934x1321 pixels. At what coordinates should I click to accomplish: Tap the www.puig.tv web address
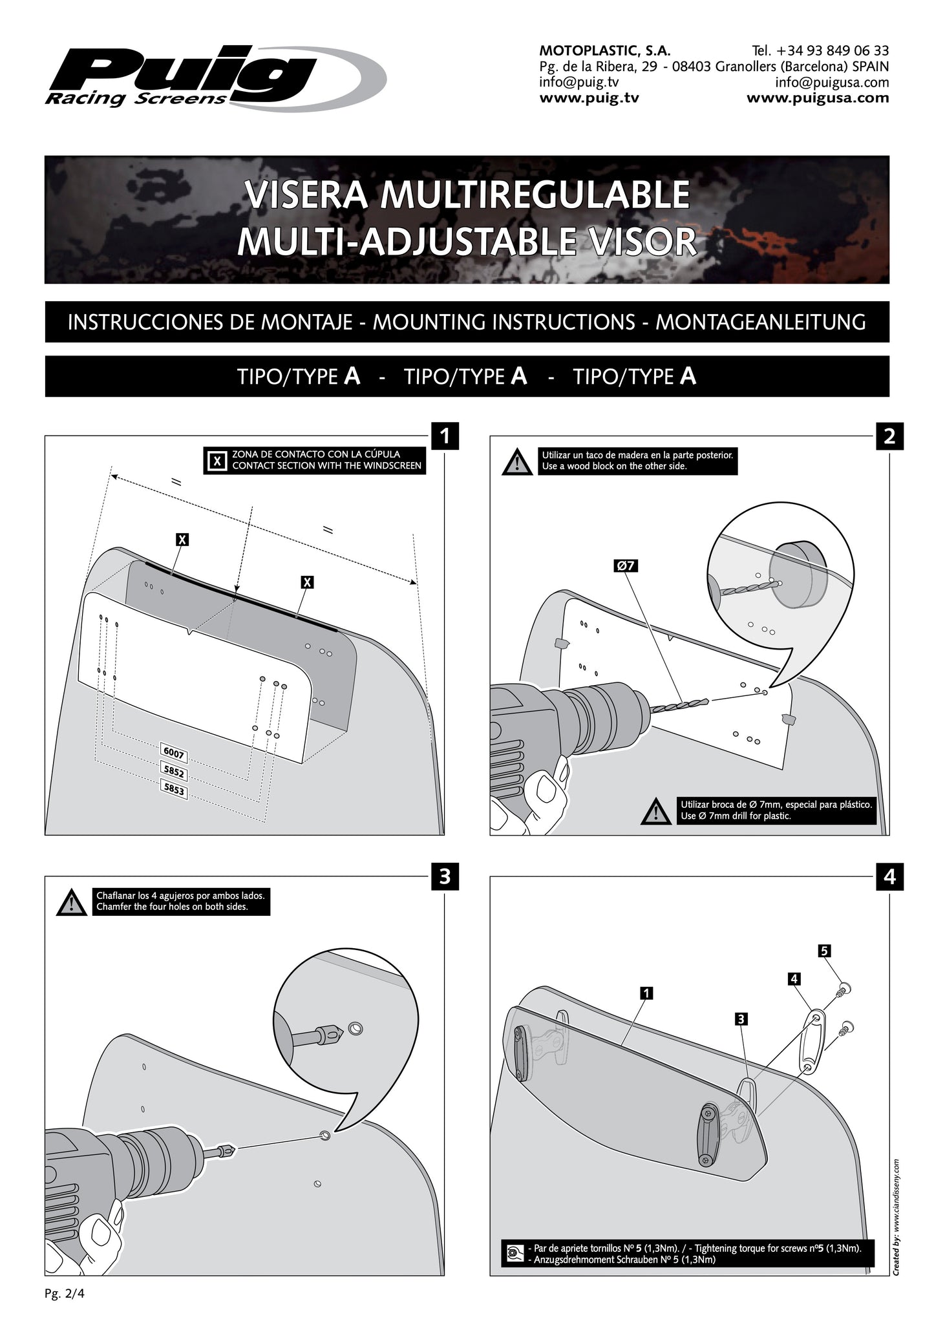[589, 98]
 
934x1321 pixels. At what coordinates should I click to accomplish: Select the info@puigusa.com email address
[832, 83]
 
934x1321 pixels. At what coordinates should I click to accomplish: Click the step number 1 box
[445, 436]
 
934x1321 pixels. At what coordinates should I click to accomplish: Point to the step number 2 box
[889, 436]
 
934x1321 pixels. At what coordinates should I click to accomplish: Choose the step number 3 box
[445, 877]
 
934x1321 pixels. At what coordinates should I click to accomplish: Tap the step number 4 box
[889, 877]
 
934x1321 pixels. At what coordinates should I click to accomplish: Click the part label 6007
[174, 753]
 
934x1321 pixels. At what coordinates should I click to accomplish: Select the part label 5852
[174, 772]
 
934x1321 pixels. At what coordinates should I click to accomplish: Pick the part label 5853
[174, 790]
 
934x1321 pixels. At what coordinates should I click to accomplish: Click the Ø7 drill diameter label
[626, 566]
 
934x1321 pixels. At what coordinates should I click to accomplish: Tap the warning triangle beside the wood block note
[517, 463]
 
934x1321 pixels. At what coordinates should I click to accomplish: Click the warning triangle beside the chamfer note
[71, 903]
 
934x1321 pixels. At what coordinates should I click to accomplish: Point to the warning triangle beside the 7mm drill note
[656, 812]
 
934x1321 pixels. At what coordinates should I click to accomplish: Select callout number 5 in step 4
[824, 951]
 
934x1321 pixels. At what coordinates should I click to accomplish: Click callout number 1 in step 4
[646, 993]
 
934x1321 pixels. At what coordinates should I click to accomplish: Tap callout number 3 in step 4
[741, 1019]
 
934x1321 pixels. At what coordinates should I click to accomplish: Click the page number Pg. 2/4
[65, 1294]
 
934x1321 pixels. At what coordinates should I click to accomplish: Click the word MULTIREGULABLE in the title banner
[534, 195]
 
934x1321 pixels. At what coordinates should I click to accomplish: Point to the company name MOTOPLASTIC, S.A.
[604, 50]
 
